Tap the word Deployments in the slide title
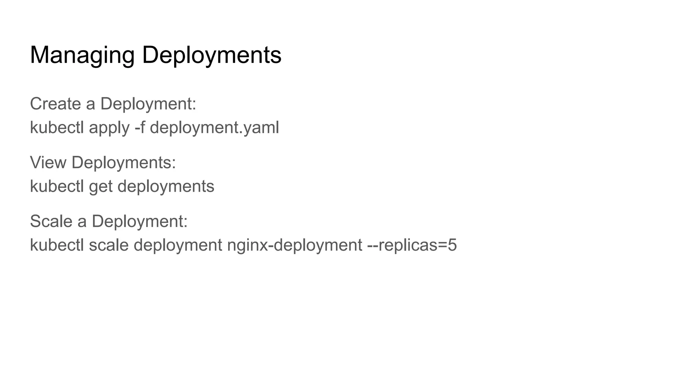point(211,55)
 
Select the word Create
point(55,104)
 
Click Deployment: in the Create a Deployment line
point(148,104)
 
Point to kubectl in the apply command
point(57,128)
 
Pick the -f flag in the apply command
point(140,128)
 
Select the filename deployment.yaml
point(214,128)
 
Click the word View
point(48,163)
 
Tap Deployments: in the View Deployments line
point(124,163)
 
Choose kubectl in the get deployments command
point(57,186)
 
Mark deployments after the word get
point(166,186)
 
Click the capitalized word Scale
point(51,221)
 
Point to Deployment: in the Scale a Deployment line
point(139,221)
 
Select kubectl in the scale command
point(57,245)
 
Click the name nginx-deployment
point(294,245)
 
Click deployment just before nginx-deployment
point(178,245)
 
